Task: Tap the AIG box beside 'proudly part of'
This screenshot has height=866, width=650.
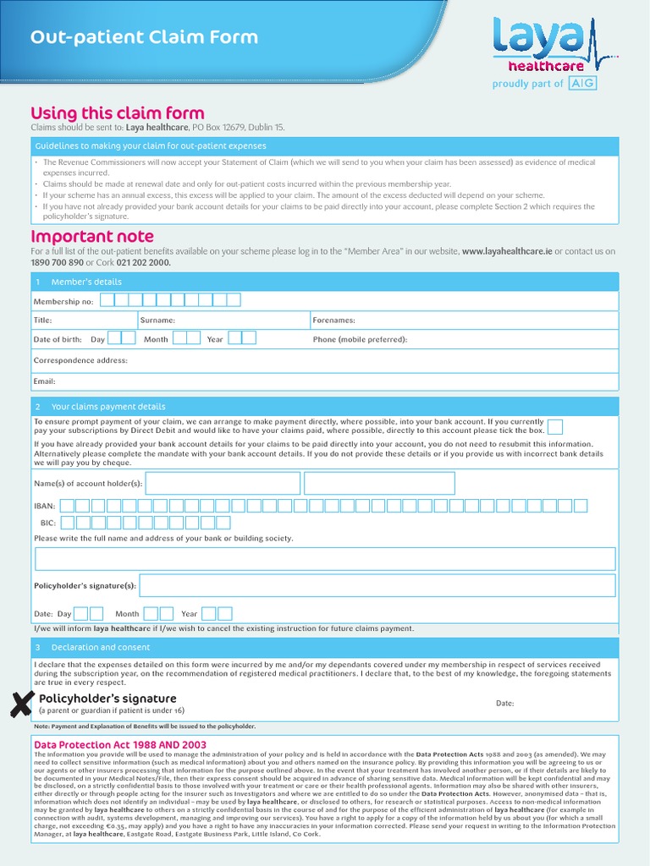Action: click(x=581, y=83)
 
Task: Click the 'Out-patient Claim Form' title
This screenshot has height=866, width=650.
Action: click(x=144, y=38)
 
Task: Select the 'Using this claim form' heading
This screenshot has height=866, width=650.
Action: click(x=118, y=113)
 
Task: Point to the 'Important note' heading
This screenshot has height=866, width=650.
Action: click(x=92, y=237)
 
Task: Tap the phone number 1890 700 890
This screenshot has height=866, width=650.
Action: click(x=57, y=262)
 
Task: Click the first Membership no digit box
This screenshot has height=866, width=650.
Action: click(x=107, y=300)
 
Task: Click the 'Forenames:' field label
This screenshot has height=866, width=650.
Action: click(x=333, y=321)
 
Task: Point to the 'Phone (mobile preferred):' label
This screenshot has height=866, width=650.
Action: click(x=360, y=340)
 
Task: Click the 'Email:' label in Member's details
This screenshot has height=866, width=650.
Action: click(x=44, y=381)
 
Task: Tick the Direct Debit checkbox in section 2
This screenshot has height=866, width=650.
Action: click(x=555, y=425)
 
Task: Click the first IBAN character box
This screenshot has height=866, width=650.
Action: click(x=69, y=506)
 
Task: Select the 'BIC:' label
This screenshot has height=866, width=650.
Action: click(x=47, y=523)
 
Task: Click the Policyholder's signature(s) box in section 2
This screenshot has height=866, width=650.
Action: click(x=377, y=585)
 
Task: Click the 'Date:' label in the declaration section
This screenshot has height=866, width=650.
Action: click(x=504, y=704)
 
